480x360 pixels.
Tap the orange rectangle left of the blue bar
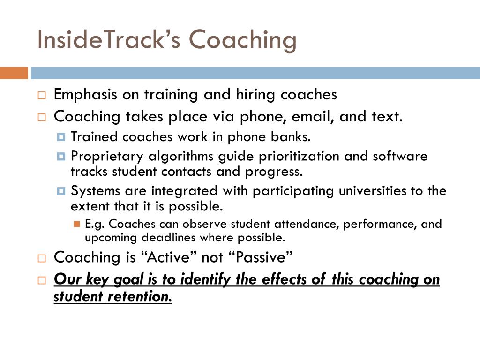[x=14, y=73]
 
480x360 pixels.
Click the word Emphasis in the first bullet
[x=85, y=95]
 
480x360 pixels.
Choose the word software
[x=400, y=156]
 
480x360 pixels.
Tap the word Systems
[x=95, y=191]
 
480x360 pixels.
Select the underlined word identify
[x=205, y=280]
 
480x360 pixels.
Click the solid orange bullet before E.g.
[x=77, y=224]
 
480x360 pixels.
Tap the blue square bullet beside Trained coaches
[x=61, y=137]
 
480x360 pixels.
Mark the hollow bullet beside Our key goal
[x=42, y=280]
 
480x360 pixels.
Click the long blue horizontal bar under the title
[x=255, y=73]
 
